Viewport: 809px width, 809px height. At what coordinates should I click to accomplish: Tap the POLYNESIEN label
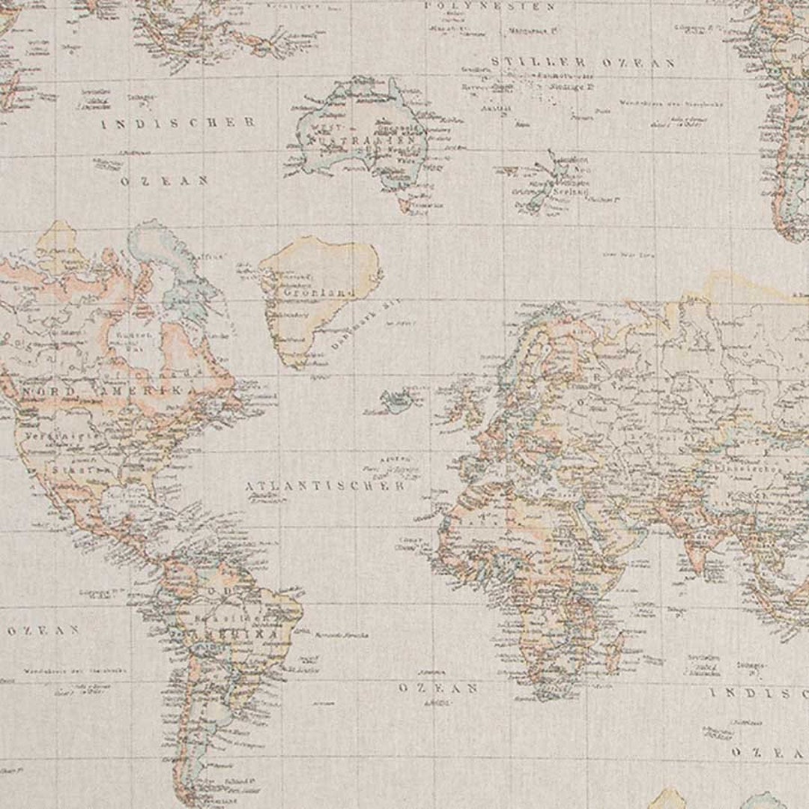490,6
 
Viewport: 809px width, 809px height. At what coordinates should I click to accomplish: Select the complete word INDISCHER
178,123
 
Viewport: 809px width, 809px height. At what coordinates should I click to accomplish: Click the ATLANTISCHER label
326,486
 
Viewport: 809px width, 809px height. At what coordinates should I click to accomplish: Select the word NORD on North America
49,393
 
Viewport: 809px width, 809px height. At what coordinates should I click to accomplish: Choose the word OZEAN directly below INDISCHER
164,181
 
